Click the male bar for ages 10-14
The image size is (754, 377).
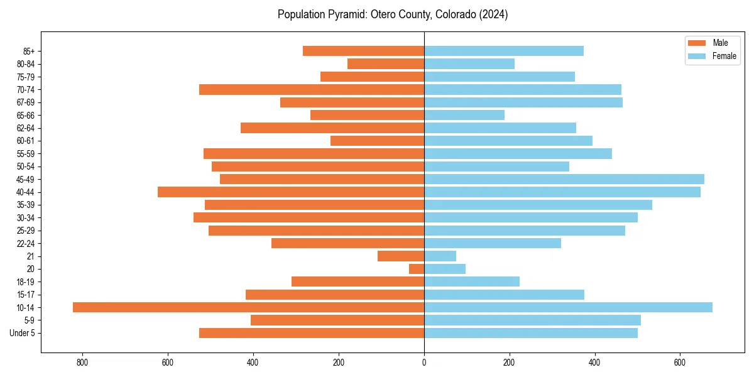tap(248, 307)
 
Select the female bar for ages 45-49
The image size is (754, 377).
tap(564, 179)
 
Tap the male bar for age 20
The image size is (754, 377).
tap(417, 269)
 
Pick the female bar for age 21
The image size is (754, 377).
tap(440, 256)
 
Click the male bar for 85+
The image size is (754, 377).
tap(363, 51)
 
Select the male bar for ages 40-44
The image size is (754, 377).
tap(291, 192)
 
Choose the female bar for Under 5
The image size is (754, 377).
tap(531, 333)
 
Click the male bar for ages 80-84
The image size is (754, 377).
tap(386, 63)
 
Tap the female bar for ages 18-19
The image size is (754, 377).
tap(472, 281)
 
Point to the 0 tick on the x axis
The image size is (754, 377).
tap(424, 363)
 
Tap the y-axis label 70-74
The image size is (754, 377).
tap(26, 89)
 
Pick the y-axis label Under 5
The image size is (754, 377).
tap(22, 333)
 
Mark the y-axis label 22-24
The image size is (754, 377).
tap(26, 243)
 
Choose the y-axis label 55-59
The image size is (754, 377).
tap(26, 153)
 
